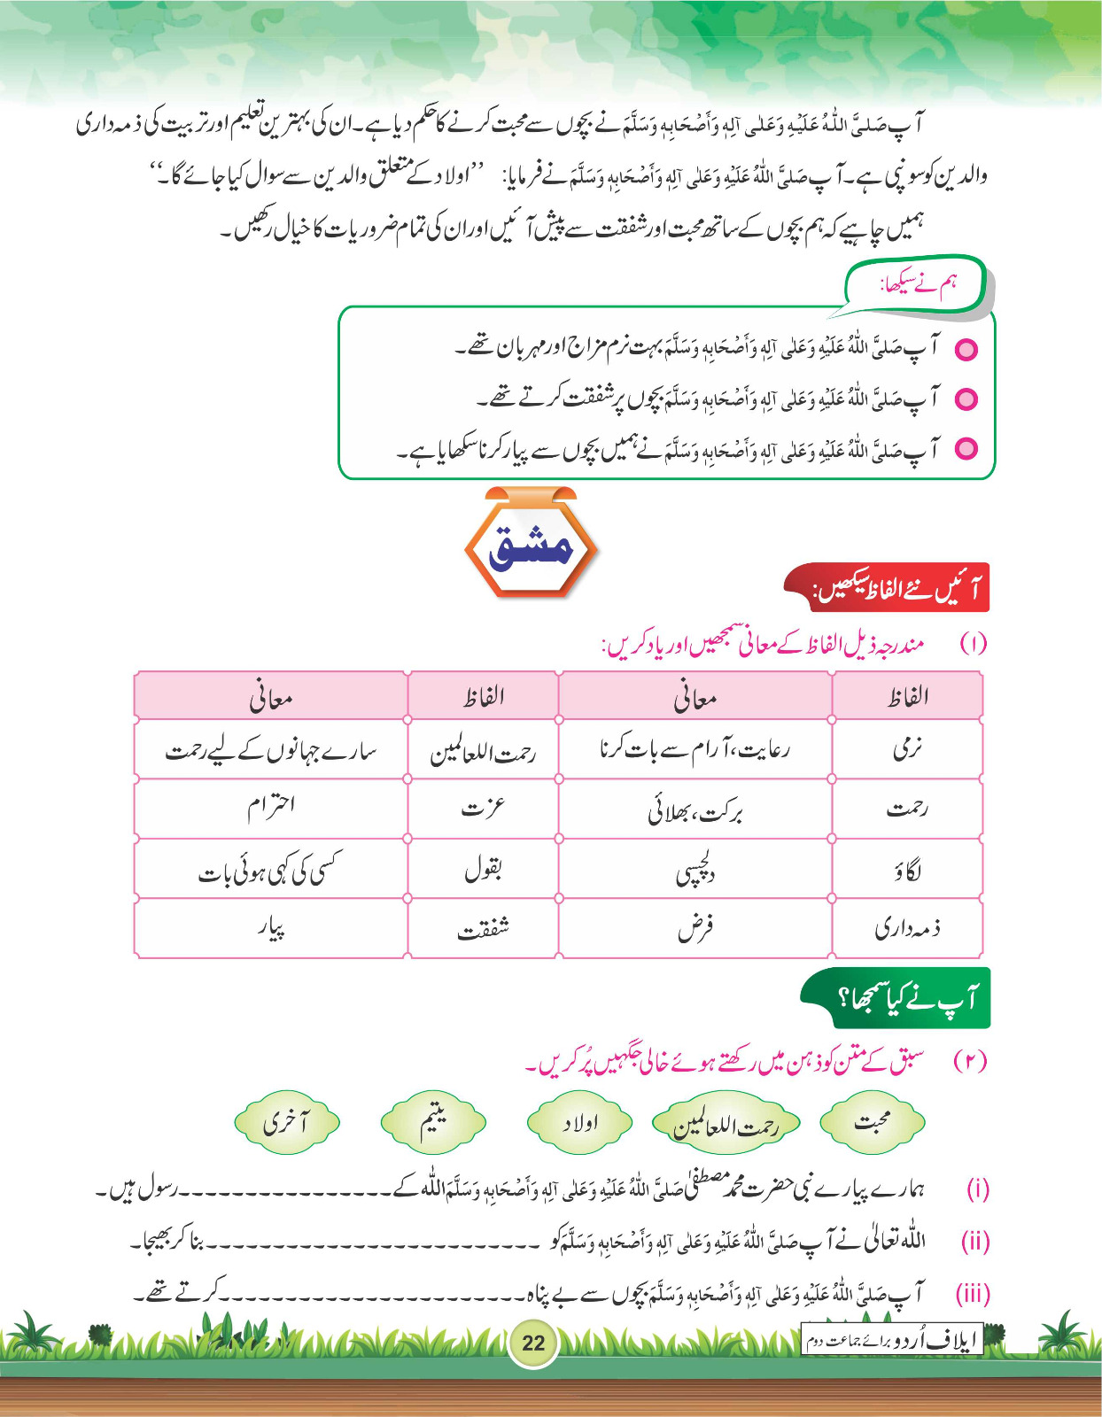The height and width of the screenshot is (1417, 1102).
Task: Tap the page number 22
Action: click(x=533, y=1342)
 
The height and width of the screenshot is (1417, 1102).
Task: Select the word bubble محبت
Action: click(x=873, y=1123)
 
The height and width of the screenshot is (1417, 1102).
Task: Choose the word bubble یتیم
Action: click(x=433, y=1121)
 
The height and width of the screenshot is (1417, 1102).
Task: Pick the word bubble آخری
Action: click(x=286, y=1122)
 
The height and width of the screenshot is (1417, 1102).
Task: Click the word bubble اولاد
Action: click(x=579, y=1123)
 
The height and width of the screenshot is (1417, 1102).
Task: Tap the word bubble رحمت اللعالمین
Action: click(x=726, y=1124)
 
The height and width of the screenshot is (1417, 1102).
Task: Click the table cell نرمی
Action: click(x=907, y=749)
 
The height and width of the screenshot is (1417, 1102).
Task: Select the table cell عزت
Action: click(x=483, y=809)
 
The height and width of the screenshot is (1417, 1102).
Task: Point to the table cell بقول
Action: click(x=483, y=869)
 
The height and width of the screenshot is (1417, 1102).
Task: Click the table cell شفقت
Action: click(x=483, y=928)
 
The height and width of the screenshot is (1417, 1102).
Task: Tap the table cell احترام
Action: click(x=271, y=809)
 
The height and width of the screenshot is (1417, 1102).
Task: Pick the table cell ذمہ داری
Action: click(x=907, y=928)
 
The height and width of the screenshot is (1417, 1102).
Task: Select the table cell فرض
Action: click(x=695, y=928)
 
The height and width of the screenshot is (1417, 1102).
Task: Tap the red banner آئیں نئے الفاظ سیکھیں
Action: click(x=888, y=588)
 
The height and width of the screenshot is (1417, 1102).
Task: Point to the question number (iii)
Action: click(x=972, y=1294)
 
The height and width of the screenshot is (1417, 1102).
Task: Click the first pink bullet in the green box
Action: click(x=966, y=349)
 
